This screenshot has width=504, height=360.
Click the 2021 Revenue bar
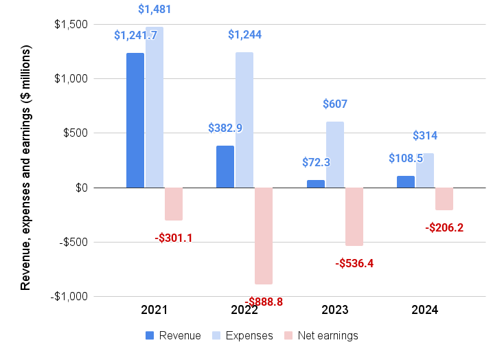(x=135, y=120)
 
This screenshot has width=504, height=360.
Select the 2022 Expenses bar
(x=244, y=120)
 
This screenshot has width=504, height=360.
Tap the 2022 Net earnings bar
(x=264, y=236)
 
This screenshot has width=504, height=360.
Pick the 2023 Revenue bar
(x=315, y=184)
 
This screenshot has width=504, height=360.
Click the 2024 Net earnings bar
(x=444, y=199)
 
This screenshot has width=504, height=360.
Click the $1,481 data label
(x=154, y=10)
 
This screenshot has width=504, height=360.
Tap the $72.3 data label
(x=316, y=163)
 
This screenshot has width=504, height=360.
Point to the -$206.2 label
(x=444, y=227)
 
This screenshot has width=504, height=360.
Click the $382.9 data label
(x=225, y=128)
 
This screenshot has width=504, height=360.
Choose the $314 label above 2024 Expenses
(x=425, y=136)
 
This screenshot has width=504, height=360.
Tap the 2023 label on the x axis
(x=335, y=311)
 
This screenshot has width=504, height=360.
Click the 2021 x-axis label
(x=154, y=311)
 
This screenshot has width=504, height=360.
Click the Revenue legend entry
(x=173, y=336)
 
